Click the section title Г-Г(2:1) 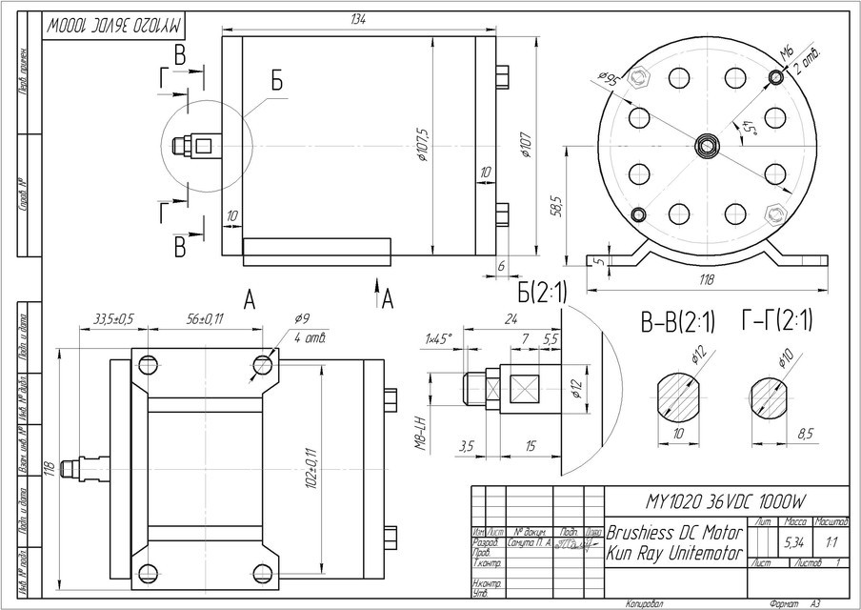(780, 320)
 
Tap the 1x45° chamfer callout (440, 338)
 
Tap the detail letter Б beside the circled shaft (276, 82)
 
